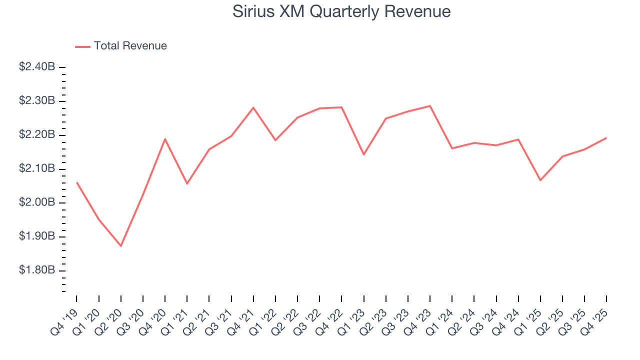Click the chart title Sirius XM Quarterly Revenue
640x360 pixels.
point(341,11)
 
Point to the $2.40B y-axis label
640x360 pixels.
point(37,67)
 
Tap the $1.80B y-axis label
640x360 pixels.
point(37,270)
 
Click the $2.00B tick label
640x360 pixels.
point(37,202)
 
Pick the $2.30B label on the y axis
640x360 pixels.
point(37,101)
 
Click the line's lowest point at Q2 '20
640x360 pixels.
point(121,246)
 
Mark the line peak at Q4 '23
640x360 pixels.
point(430,105)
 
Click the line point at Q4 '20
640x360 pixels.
point(165,139)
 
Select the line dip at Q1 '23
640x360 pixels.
point(363,154)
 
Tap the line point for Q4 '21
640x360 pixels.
point(253,107)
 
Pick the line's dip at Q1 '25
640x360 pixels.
point(540,180)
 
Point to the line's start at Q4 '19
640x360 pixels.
point(77,182)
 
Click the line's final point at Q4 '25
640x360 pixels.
point(606,138)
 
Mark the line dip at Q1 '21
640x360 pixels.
point(187,183)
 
